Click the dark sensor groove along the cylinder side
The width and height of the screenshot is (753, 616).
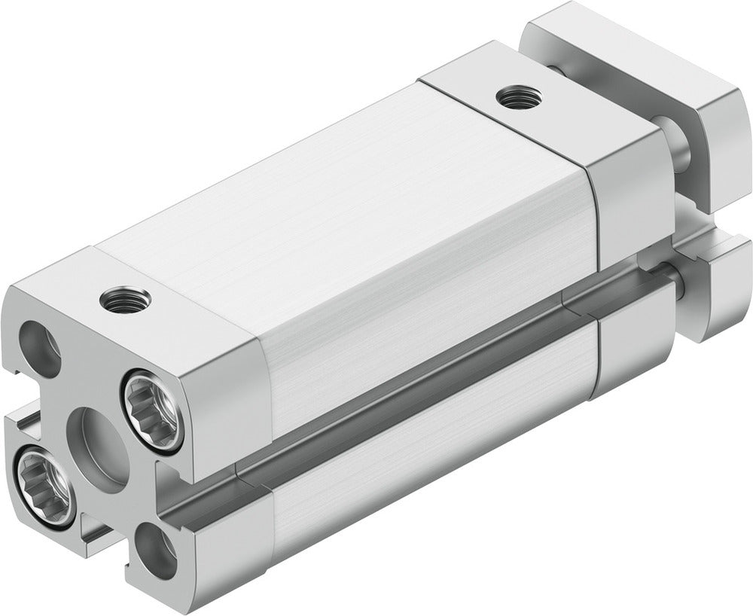pyautogui.click(x=422, y=399)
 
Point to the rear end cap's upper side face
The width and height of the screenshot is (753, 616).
pyautogui.click(x=625, y=218)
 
